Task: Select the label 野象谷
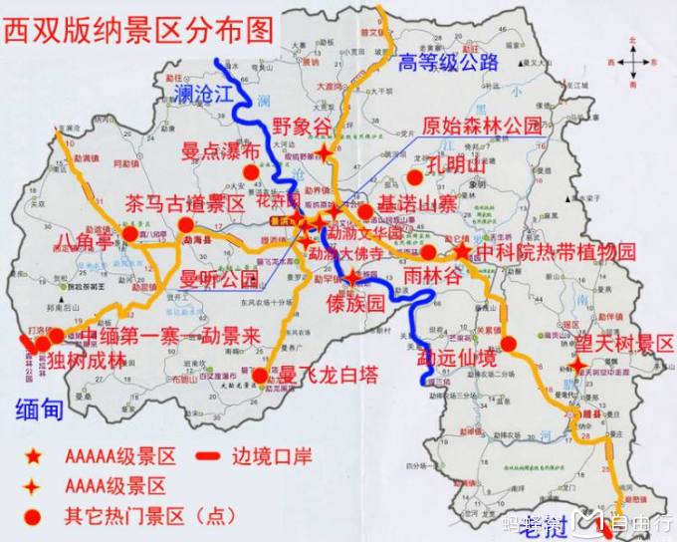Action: [x=301, y=127]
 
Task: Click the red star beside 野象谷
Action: [x=327, y=152]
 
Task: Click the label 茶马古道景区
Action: [x=184, y=203]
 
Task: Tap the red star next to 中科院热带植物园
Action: [x=463, y=252]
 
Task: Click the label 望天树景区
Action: [x=624, y=344]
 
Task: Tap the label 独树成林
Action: [x=88, y=361]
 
